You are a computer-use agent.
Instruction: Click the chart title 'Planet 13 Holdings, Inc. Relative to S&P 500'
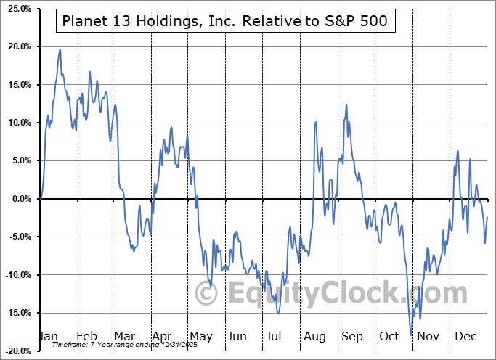point(226,23)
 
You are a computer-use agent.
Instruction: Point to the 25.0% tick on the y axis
point(17,9)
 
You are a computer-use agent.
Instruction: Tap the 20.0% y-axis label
point(17,46)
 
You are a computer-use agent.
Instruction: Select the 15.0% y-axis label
point(17,85)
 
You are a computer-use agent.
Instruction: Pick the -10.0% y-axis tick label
point(15,275)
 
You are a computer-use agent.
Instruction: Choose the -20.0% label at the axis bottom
point(15,351)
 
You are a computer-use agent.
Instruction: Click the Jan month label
point(48,336)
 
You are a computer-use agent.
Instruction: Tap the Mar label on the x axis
point(124,336)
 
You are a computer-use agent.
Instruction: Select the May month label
point(200,336)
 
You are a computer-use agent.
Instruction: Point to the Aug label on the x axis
point(314,336)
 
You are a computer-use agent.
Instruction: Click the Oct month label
point(390,336)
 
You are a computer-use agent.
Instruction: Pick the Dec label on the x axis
point(465,336)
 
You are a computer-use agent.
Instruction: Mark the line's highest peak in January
point(60,49)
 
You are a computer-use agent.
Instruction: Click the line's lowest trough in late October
point(412,335)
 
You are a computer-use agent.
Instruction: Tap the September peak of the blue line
point(346,105)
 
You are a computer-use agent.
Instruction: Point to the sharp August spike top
point(315,122)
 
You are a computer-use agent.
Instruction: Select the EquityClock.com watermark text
point(333,294)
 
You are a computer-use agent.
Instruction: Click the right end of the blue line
point(487,218)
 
